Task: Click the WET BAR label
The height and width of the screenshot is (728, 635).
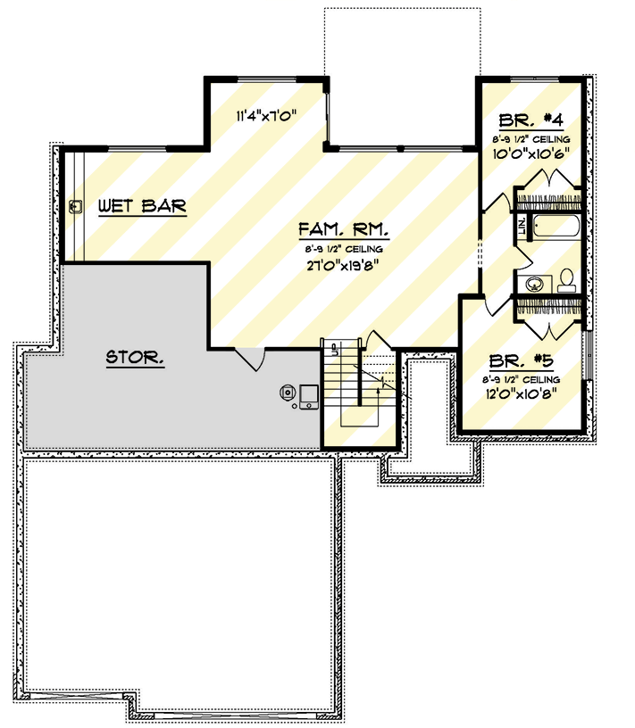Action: click(142, 206)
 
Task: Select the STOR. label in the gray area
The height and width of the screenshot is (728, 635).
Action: click(135, 359)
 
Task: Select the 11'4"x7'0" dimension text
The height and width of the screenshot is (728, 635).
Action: click(265, 115)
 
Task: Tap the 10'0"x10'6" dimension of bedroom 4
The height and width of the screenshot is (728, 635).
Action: click(532, 153)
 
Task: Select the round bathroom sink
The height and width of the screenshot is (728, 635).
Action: click(533, 285)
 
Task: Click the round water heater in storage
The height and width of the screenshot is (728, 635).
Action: click(288, 392)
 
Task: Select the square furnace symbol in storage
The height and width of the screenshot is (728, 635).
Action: click(309, 394)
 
